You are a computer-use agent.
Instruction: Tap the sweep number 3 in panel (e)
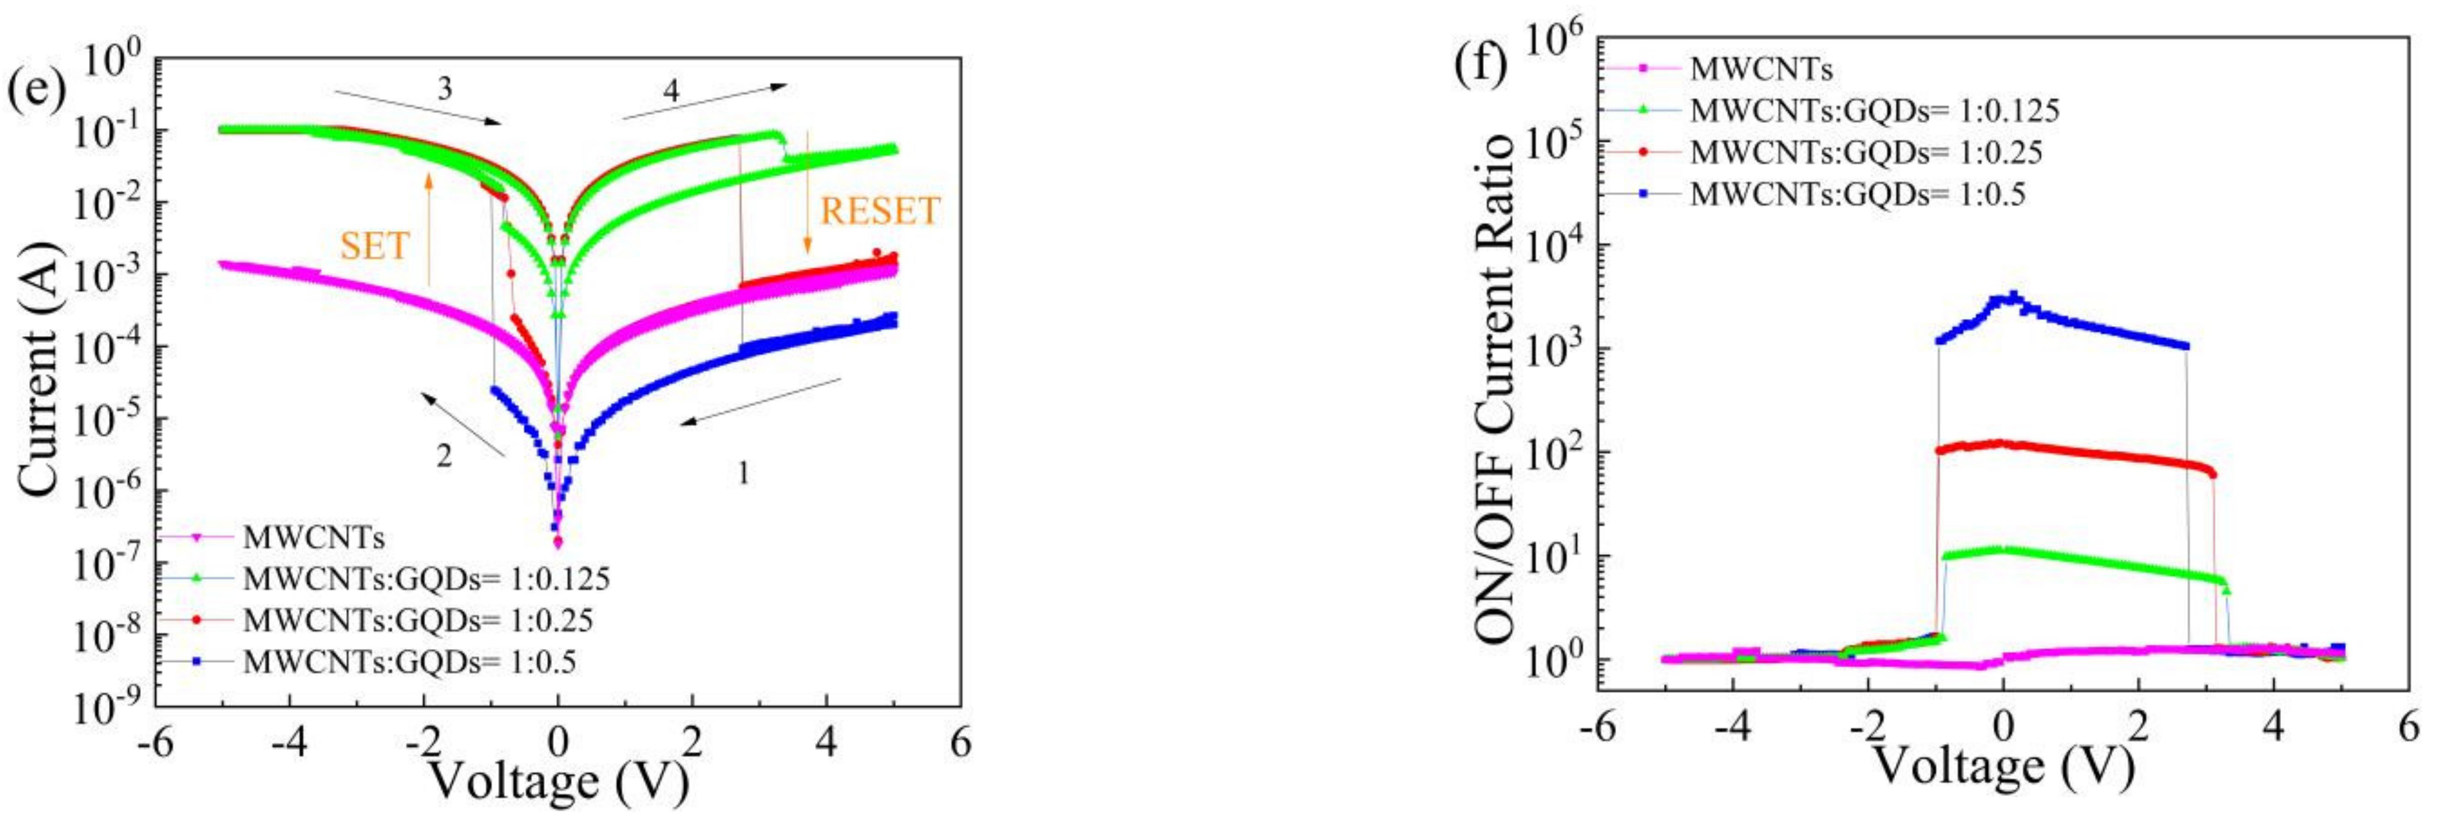444,90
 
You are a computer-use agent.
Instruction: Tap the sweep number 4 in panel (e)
671,91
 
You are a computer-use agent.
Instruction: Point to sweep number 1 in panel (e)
744,473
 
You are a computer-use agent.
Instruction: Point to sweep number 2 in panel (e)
444,456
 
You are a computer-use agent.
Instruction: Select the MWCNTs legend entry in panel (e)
313,537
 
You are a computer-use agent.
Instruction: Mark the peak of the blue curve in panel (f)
2007,294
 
